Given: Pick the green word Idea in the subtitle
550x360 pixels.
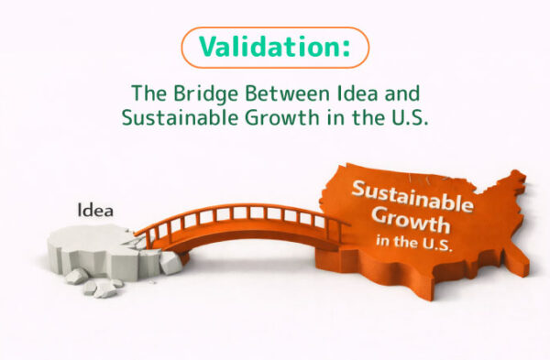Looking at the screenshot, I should coord(353,94).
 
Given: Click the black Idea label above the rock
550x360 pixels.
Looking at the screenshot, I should coord(96,211).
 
